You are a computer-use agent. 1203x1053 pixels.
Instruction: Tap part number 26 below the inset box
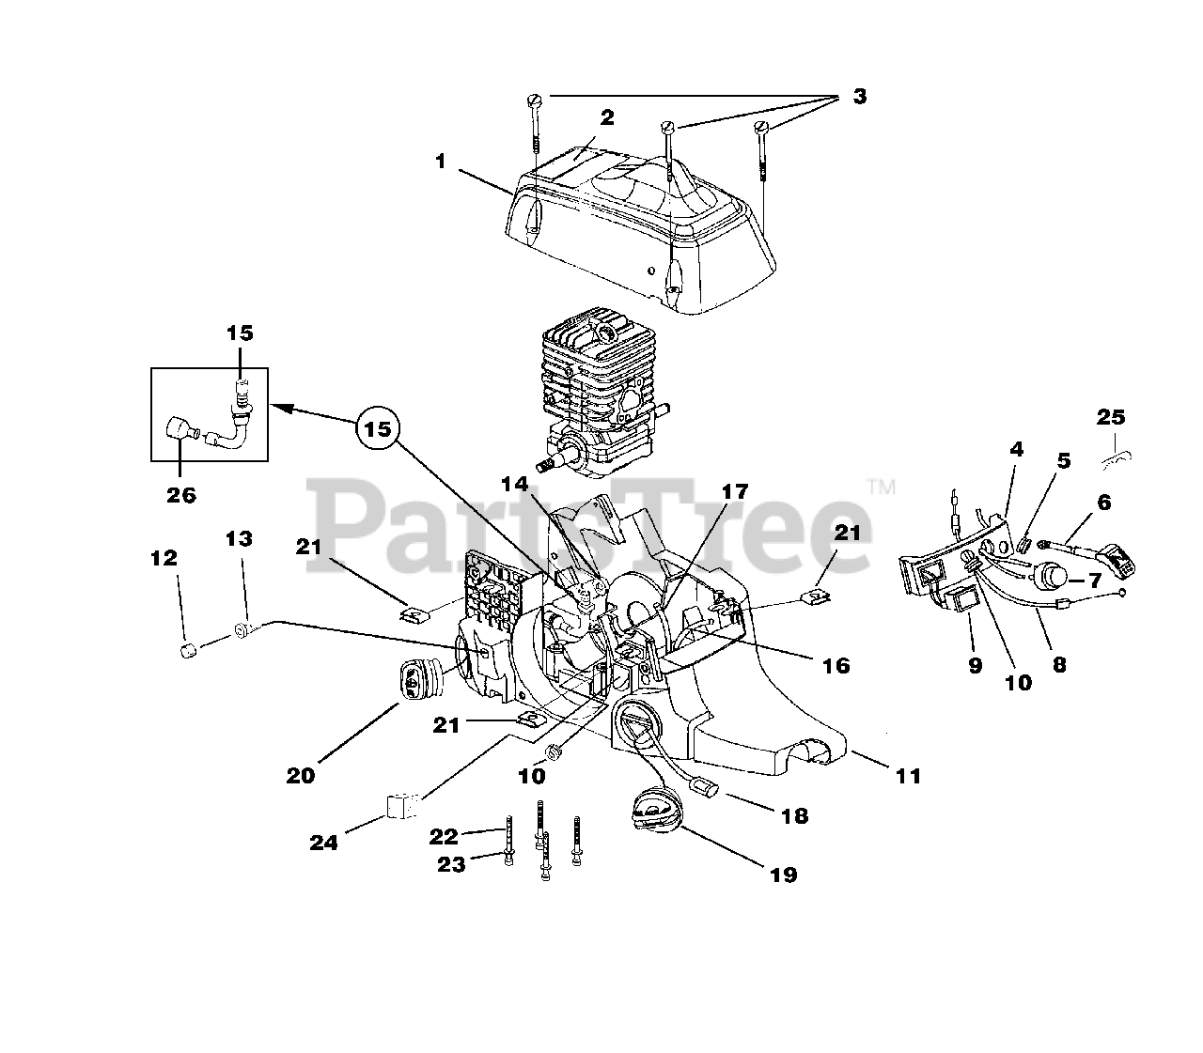pos(180,496)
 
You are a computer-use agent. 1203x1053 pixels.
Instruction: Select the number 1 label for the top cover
pos(441,162)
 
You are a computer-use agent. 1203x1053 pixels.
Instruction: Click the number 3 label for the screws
pos(859,96)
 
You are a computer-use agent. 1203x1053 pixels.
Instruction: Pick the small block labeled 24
pos(400,806)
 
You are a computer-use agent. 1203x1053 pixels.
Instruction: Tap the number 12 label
pos(164,558)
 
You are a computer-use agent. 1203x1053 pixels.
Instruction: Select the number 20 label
pos(303,775)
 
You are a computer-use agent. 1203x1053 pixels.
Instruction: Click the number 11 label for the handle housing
pos(908,776)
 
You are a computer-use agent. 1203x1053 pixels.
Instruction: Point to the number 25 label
pos(1111,417)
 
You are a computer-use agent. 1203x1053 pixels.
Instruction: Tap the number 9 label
pos(975,665)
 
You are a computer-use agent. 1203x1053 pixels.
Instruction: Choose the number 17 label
pos(734,491)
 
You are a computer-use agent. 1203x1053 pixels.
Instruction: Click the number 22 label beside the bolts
pos(444,836)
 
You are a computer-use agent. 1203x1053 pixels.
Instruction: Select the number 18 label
pos(794,815)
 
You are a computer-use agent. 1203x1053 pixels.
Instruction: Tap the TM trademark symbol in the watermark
pos(881,486)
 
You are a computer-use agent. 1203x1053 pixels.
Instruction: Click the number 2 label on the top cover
pos(607,117)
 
